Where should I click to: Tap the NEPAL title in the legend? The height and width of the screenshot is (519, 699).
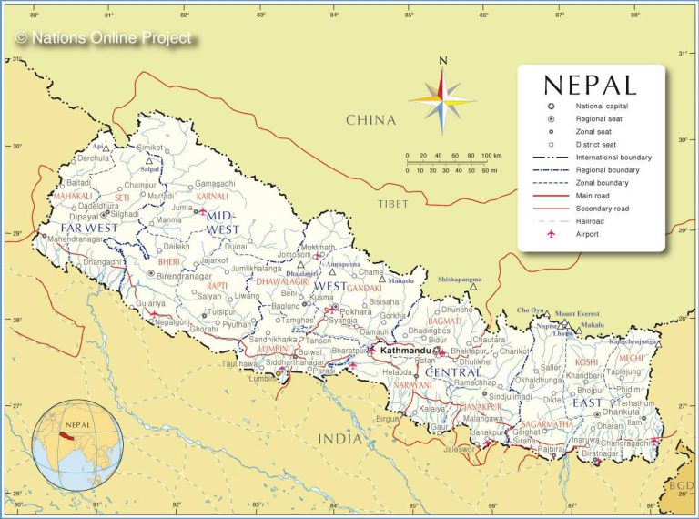[590, 85]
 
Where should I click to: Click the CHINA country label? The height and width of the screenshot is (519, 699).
[370, 119]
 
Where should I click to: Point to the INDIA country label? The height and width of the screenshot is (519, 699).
[339, 439]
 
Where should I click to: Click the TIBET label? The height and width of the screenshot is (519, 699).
[393, 204]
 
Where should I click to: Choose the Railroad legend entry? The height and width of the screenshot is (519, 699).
[592, 221]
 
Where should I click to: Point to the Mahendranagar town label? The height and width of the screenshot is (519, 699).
[82, 239]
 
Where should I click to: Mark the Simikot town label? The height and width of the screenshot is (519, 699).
[150, 147]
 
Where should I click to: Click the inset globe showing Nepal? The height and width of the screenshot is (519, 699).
[77, 445]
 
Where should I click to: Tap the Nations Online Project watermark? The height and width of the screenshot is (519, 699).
[104, 38]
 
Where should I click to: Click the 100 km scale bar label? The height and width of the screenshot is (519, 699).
[491, 156]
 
